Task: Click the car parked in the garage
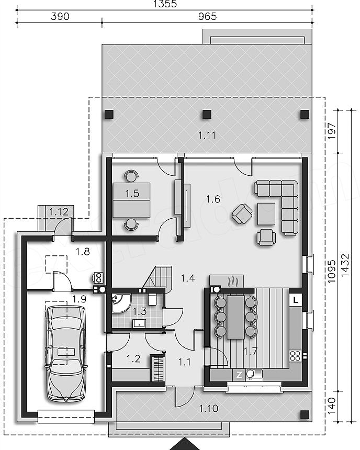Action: coord(66,354)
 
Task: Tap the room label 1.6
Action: coord(213,199)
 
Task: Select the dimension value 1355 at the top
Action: coord(165,4)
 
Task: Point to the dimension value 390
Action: coord(60,16)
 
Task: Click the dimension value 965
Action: coord(208,16)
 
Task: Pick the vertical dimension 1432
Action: coord(345,265)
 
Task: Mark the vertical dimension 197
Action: coord(332,131)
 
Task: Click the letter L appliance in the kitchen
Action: coord(296,300)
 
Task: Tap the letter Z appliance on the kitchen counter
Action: coord(239,375)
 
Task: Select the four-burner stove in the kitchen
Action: coord(295,355)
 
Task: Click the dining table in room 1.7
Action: coord(236,317)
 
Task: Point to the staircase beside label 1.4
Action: coord(158,278)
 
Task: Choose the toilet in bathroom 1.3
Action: coord(152,299)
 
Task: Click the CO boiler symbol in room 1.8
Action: coord(98,277)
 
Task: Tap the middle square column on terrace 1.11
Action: coord(207,115)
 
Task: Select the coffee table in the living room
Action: coord(266,214)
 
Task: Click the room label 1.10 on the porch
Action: coord(209,408)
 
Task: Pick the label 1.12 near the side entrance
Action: coord(59,212)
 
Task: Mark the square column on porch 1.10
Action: coord(305,414)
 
